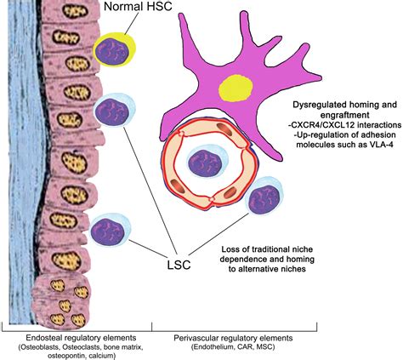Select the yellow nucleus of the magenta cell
pyautogui.click(x=232, y=88)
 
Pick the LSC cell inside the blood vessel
pyautogui.click(x=207, y=162)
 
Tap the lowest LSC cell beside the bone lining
pyautogui.click(x=107, y=231)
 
